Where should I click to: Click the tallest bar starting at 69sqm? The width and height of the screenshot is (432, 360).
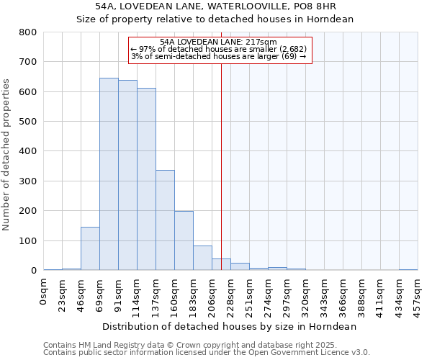point(109,174)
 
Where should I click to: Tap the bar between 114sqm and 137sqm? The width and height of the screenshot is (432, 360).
point(146,179)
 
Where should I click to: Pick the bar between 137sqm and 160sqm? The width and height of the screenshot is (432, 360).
point(165,220)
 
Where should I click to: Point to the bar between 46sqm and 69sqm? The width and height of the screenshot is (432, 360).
point(90,248)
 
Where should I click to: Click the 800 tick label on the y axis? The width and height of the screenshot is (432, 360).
point(28,32)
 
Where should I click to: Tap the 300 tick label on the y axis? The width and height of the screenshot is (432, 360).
point(28,181)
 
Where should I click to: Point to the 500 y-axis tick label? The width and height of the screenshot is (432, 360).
point(28,122)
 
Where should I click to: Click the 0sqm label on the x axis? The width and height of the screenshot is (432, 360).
point(44,291)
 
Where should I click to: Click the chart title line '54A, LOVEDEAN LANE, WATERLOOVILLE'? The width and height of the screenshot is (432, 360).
point(215,6)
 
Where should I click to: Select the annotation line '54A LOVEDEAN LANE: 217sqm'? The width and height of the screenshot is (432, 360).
point(219,42)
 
